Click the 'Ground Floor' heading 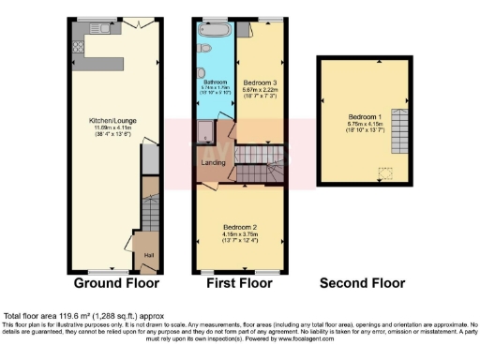click(116, 282)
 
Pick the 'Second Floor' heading click(362, 282)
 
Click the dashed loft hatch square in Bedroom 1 click(384, 172)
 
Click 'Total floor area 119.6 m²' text click(69, 316)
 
